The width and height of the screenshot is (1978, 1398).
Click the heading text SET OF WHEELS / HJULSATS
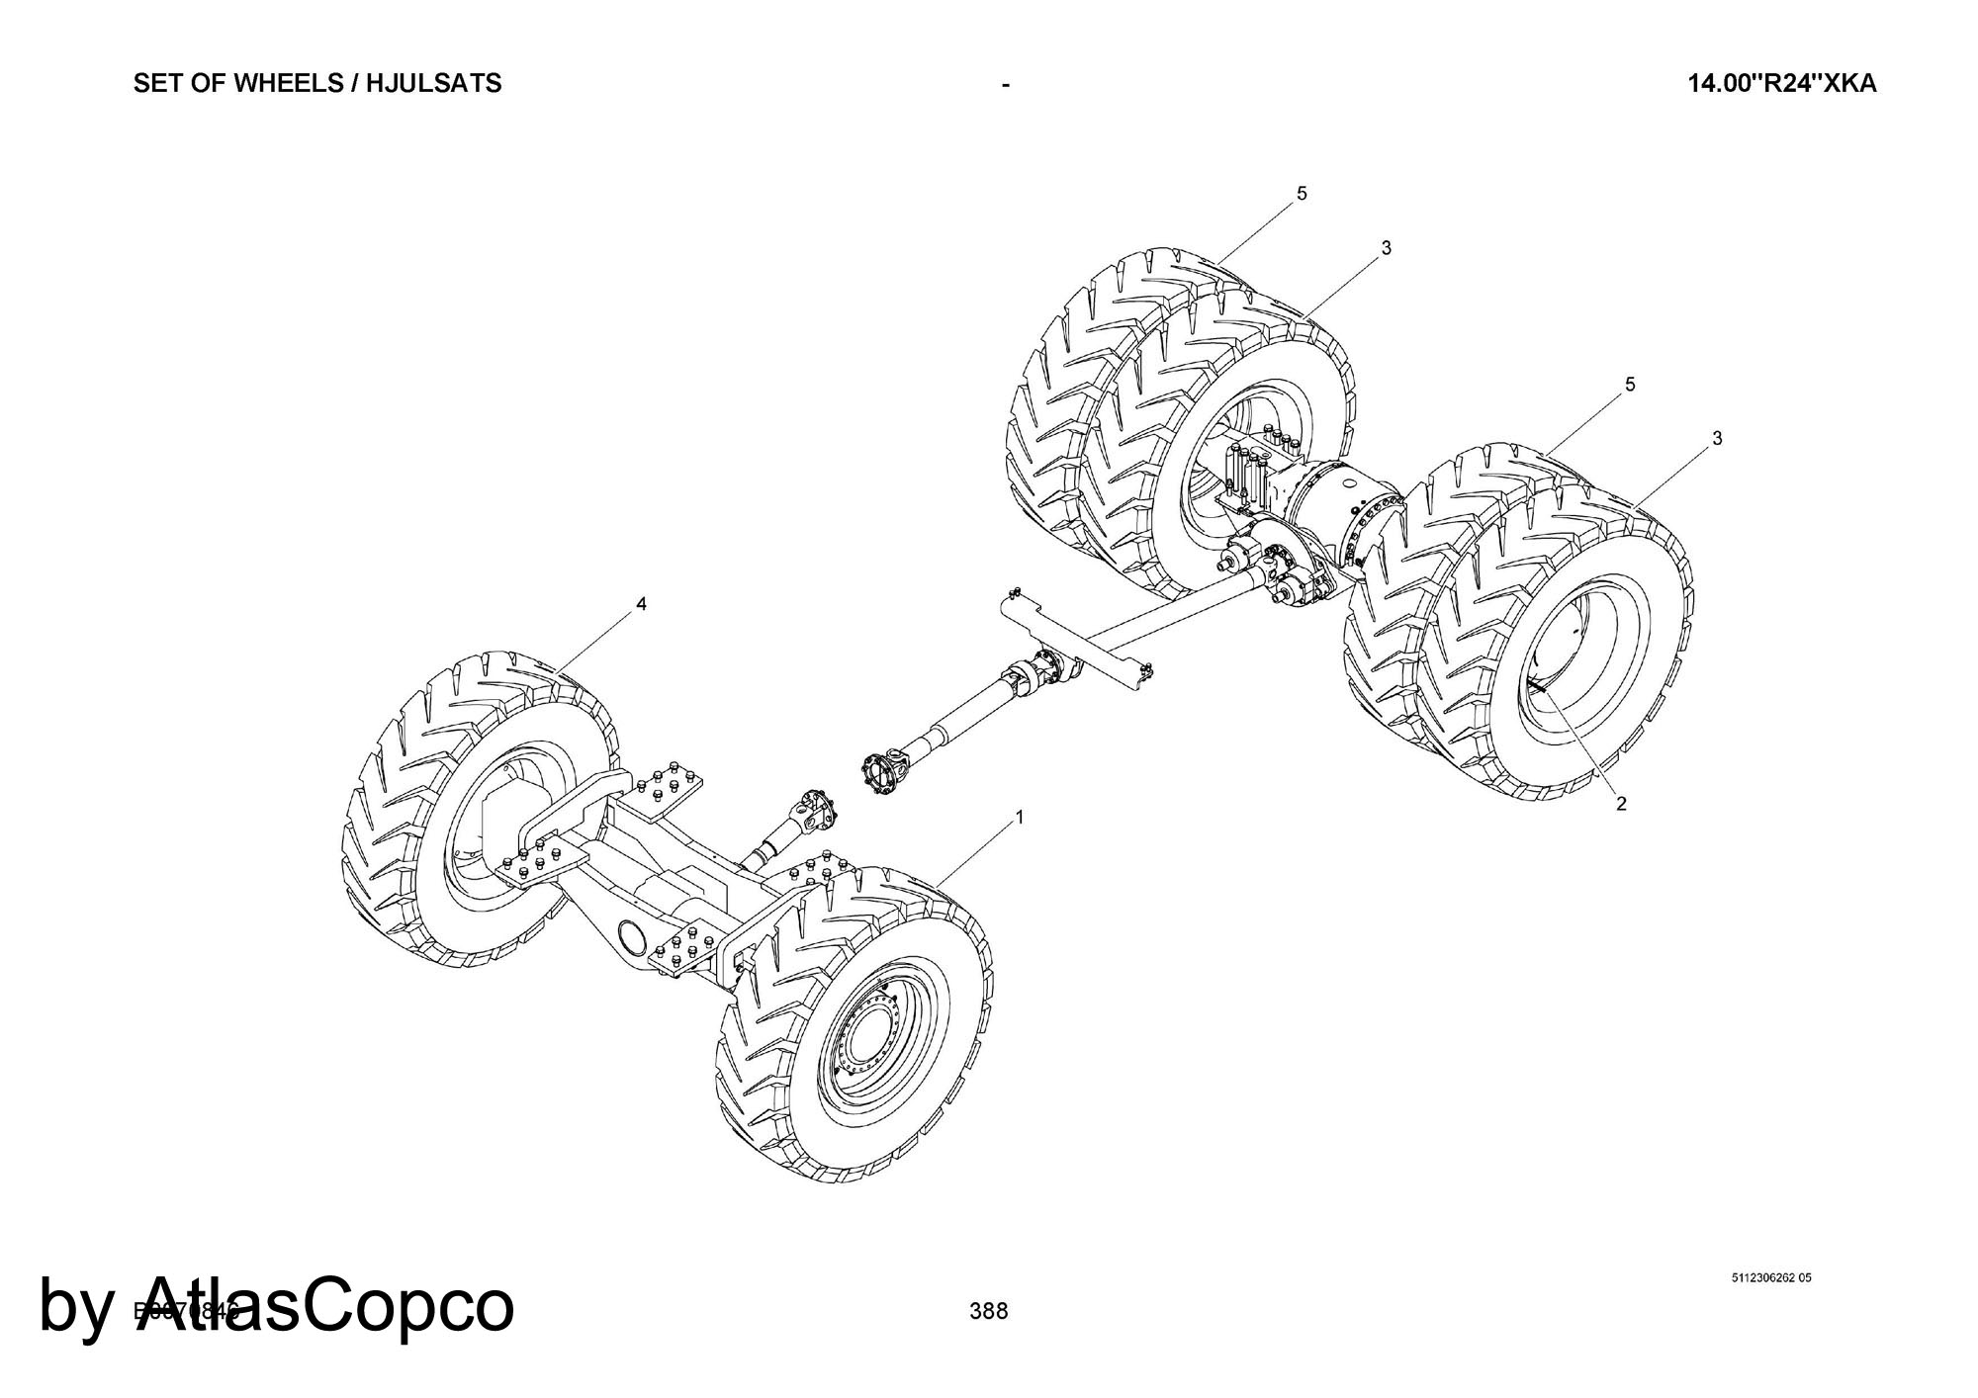point(317,83)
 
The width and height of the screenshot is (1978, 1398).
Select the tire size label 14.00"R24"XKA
point(1781,83)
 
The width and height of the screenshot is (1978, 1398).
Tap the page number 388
point(989,1311)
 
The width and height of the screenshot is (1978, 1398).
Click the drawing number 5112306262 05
point(1771,1278)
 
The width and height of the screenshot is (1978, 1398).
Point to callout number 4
point(642,604)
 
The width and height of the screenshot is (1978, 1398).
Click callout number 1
point(1020,818)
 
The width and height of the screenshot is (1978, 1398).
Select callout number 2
point(1621,804)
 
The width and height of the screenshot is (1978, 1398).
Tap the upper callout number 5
point(1302,194)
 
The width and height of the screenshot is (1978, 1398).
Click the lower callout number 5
point(1630,384)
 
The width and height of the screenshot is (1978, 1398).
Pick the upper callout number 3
point(1386,248)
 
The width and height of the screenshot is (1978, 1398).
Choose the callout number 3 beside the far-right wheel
point(1717,438)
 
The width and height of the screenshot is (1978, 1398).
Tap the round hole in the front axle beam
point(630,933)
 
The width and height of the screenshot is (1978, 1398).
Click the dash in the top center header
point(1005,85)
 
